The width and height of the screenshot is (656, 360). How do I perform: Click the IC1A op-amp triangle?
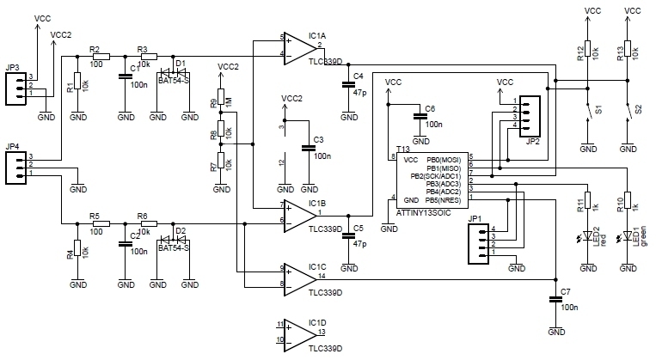click(x=298, y=46)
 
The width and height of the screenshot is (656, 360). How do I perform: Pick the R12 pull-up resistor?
click(x=586, y=51)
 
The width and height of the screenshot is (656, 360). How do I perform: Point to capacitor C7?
click(x=555, y=300)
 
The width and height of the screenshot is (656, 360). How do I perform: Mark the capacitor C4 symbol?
click(x=347, y=84)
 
